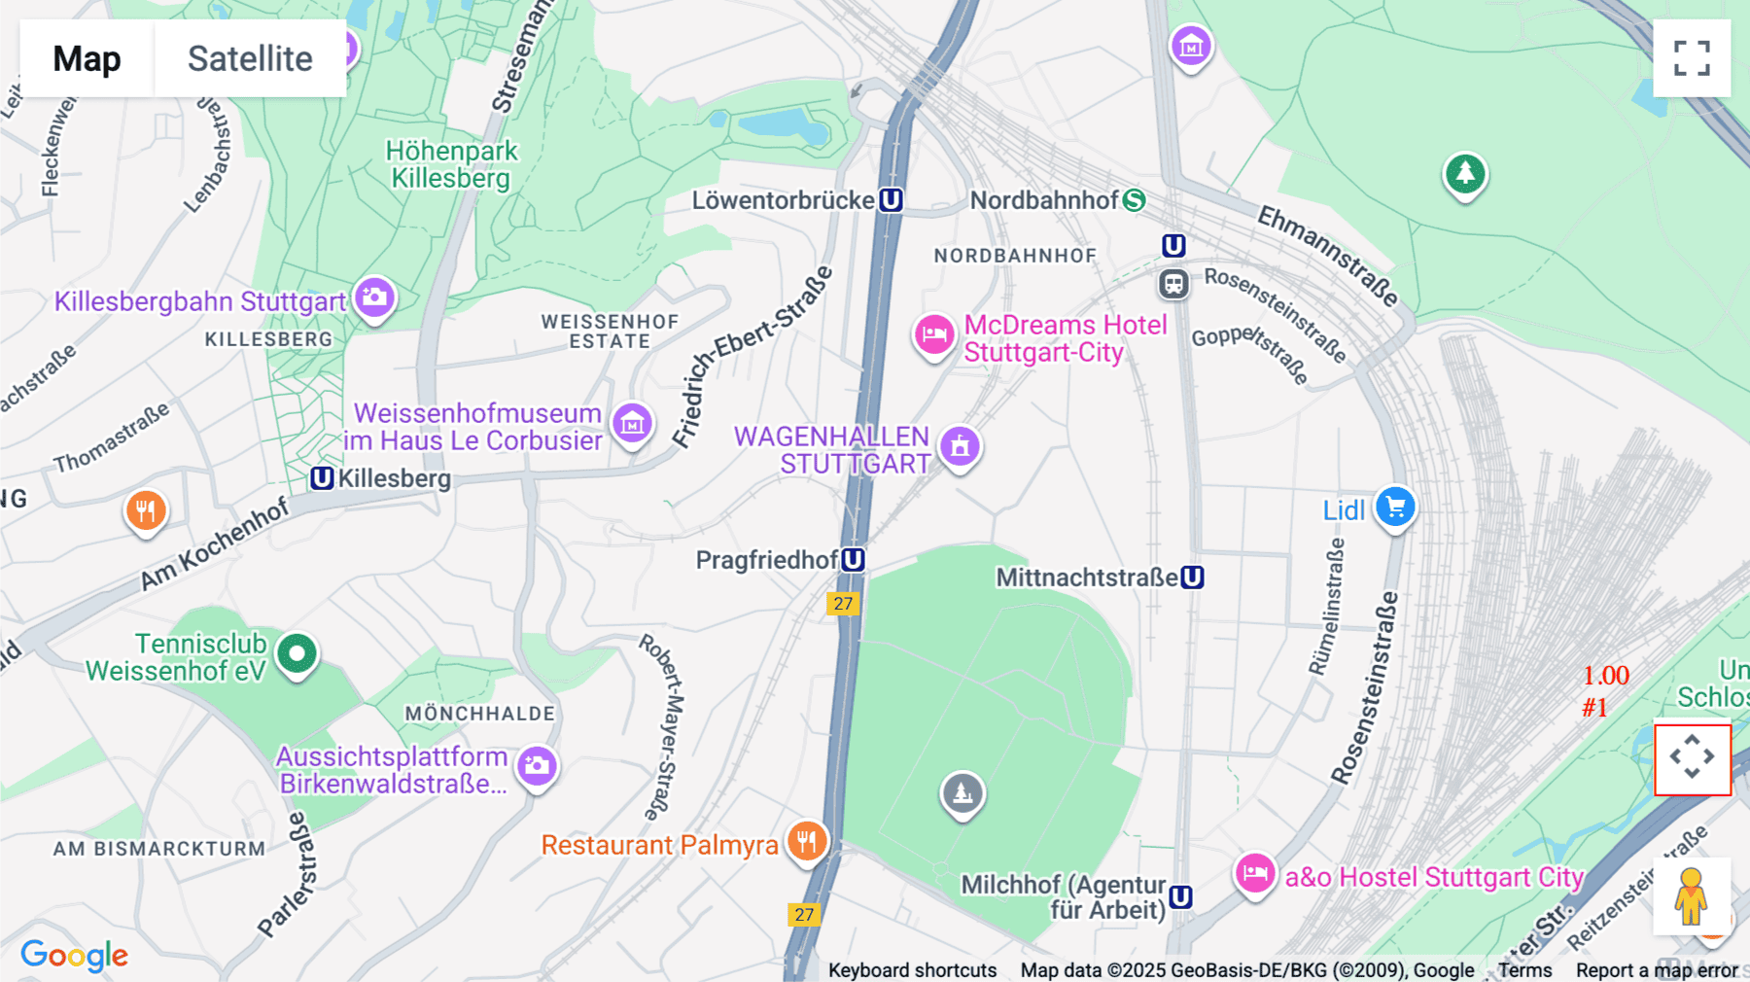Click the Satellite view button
250,58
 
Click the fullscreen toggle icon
1692,58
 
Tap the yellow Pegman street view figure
1691,896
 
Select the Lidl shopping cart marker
1395,508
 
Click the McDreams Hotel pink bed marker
934,335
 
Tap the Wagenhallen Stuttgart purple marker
960,446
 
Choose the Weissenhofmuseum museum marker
632,423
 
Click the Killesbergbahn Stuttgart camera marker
374,297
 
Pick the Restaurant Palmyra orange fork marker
806,841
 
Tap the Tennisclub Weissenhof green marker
297,653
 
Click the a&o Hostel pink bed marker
1254,873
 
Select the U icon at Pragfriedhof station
853,560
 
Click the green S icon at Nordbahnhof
1134,200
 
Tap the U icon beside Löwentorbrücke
891,200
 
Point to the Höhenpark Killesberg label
451,164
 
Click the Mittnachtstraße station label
1086,578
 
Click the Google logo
74,956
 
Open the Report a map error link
1657,970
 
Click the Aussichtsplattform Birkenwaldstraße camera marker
537,766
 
